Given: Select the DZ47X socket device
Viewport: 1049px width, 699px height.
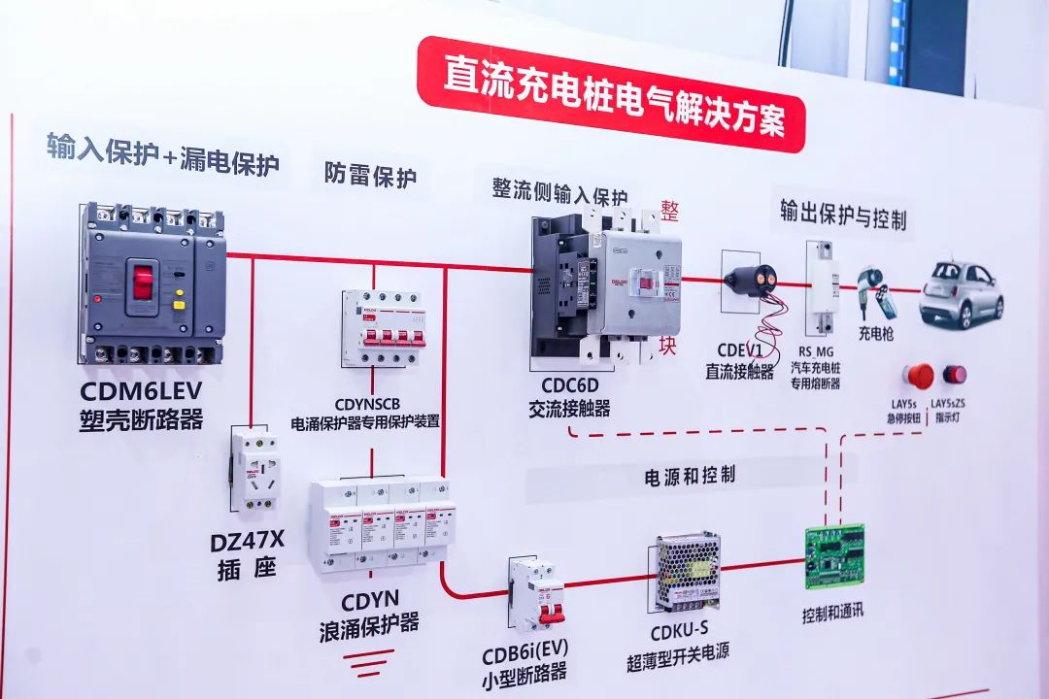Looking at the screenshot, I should (x=254, y=469).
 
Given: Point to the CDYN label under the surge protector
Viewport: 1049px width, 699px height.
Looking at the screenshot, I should (x=370, y=599).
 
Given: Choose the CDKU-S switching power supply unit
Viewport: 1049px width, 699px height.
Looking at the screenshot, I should (x=687, y=571).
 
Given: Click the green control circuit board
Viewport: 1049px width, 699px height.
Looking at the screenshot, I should (x=833, y=557).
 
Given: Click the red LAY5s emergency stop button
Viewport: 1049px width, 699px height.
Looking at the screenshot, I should (x=918, y=376).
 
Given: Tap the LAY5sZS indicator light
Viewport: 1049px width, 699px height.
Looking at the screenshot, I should (x=955, y=375).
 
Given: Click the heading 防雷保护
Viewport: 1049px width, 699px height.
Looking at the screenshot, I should (x=370, y=176).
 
